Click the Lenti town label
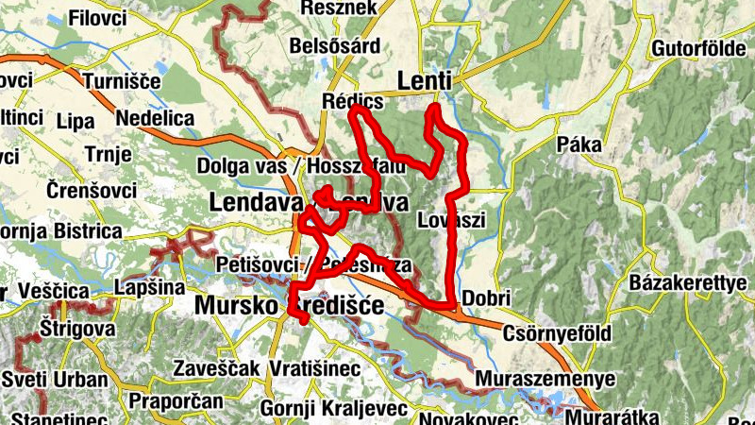point(426,81)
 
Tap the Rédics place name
point(353,101)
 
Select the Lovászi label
point(450,220)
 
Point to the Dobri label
point(487,298)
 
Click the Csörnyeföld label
point(559,333)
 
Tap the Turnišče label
point(124,82)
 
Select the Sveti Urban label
point(54,379)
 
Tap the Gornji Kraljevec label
point(335,408)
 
